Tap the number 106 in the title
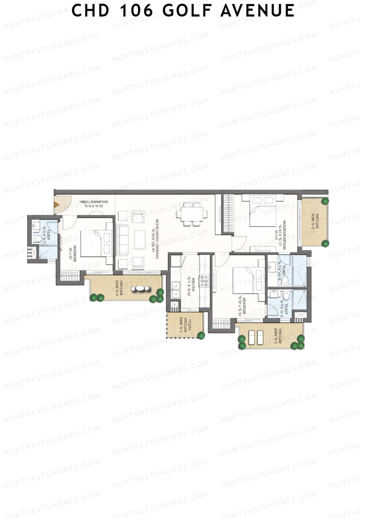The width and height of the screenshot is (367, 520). [x=136, y=11]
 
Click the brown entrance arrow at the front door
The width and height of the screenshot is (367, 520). [x=57, y=204]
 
